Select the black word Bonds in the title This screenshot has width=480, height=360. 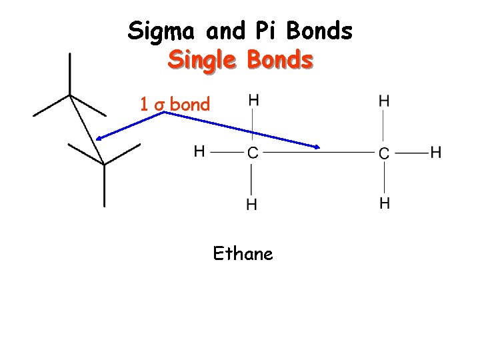point(319,31)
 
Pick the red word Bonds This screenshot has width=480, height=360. point(280,60)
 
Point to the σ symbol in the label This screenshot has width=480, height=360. point(159,105)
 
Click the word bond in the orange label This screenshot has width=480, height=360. point(190,104)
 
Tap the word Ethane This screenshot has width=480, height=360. point(243,253)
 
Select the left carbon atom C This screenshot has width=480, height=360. point(252,153)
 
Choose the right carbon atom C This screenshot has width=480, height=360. point(384,153)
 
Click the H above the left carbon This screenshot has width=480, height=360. point(253,100)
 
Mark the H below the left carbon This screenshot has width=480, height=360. point(252,204)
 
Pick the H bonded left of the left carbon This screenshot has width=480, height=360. point(199,151)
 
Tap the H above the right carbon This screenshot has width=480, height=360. point(385,100)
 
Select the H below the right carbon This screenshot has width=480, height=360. point(385,203)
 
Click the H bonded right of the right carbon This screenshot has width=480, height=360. point(436,152)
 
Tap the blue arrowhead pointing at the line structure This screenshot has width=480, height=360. point(99,137)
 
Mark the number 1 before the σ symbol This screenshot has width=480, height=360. point(144,104)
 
